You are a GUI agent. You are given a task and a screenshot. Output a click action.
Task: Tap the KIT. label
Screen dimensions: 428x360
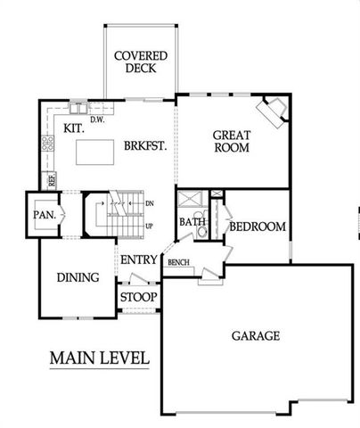[75, 128]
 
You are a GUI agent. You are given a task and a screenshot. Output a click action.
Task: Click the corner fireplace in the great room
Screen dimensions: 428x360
[273, 112]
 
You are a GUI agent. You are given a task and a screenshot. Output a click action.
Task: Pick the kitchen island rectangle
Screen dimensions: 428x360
[95, 153]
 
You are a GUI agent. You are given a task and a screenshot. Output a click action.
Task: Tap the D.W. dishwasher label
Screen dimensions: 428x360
[96, 117]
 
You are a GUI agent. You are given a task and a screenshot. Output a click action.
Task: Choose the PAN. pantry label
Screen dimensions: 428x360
[45, 215]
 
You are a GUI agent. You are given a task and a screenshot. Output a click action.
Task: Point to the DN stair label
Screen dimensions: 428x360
[148, 203]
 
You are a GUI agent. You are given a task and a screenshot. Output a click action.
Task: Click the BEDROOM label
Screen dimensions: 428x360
[258, 227]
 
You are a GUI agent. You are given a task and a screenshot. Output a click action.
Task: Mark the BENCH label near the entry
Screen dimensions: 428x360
[178, 262]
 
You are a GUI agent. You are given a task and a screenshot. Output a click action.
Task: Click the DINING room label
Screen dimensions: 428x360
[78, 277]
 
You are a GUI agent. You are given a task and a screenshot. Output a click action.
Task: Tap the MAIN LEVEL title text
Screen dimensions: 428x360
[98, 358]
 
